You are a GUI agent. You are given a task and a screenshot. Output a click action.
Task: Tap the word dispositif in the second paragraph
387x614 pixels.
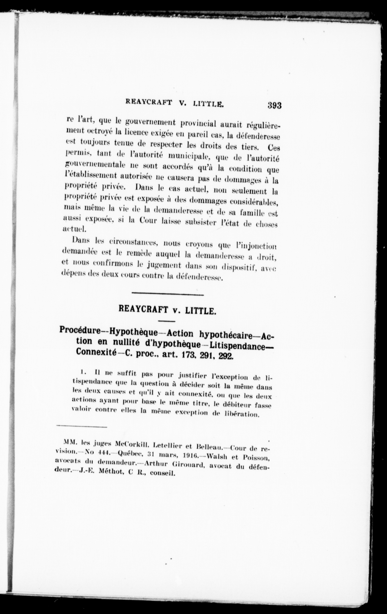point(239,268)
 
